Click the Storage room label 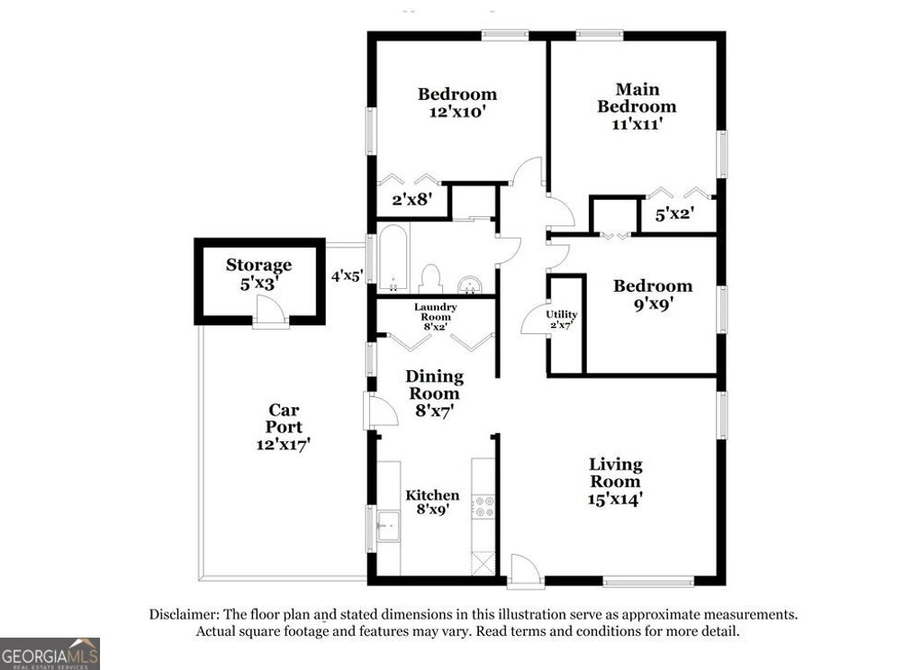pyautogui.click(x=258, y=264)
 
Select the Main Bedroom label pyautogui.click(x=637, y=97)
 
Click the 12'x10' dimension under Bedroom pyautogui.click(x=457, y=113)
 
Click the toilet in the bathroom pyautogui.click(x=430, y=278)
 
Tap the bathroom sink pyautogui.click(x=469, y=286)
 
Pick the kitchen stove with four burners pyautogui.click(x=484, y=506)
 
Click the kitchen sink pyautogui.click(x=389, y=525)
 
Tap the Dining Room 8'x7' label pyautogui.click(x=434, y=393)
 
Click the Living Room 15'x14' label pyautogui.click(x=616, y=482)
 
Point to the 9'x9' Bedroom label pyautogui.click(x=653, y=294)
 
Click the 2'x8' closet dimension pyautogui.click(x=410, y=201)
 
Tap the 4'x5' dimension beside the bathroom pyautogui.click(x=347, y=276)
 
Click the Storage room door pyautogui.click(x=270, y=313)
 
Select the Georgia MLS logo pyautogui.click(x=50, y=653)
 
